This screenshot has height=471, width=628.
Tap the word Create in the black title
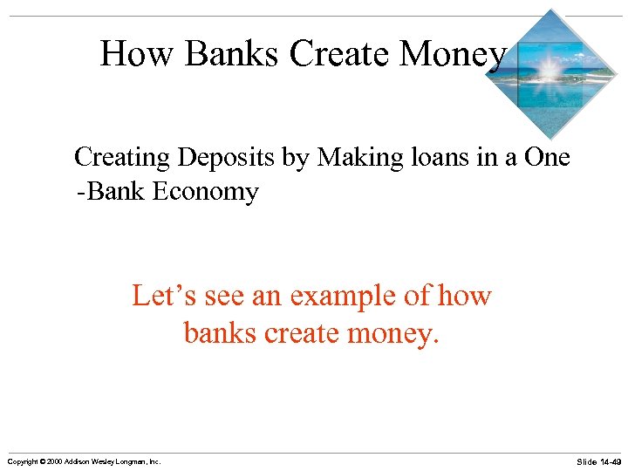340,54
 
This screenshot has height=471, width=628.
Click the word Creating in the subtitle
122,159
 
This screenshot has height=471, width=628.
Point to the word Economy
206,191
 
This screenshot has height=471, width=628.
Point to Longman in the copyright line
133,461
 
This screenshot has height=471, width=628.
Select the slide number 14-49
609,461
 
